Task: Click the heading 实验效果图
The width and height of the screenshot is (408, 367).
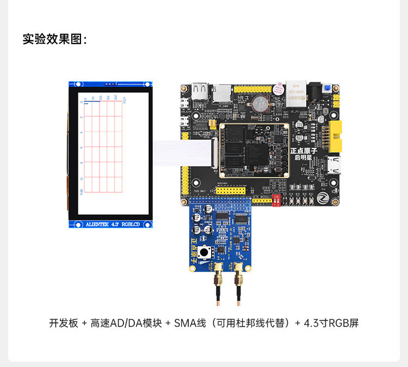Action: (54, 39)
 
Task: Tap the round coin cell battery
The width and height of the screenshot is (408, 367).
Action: (259, 102)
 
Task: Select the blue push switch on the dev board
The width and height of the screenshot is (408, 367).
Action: (327, 89)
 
